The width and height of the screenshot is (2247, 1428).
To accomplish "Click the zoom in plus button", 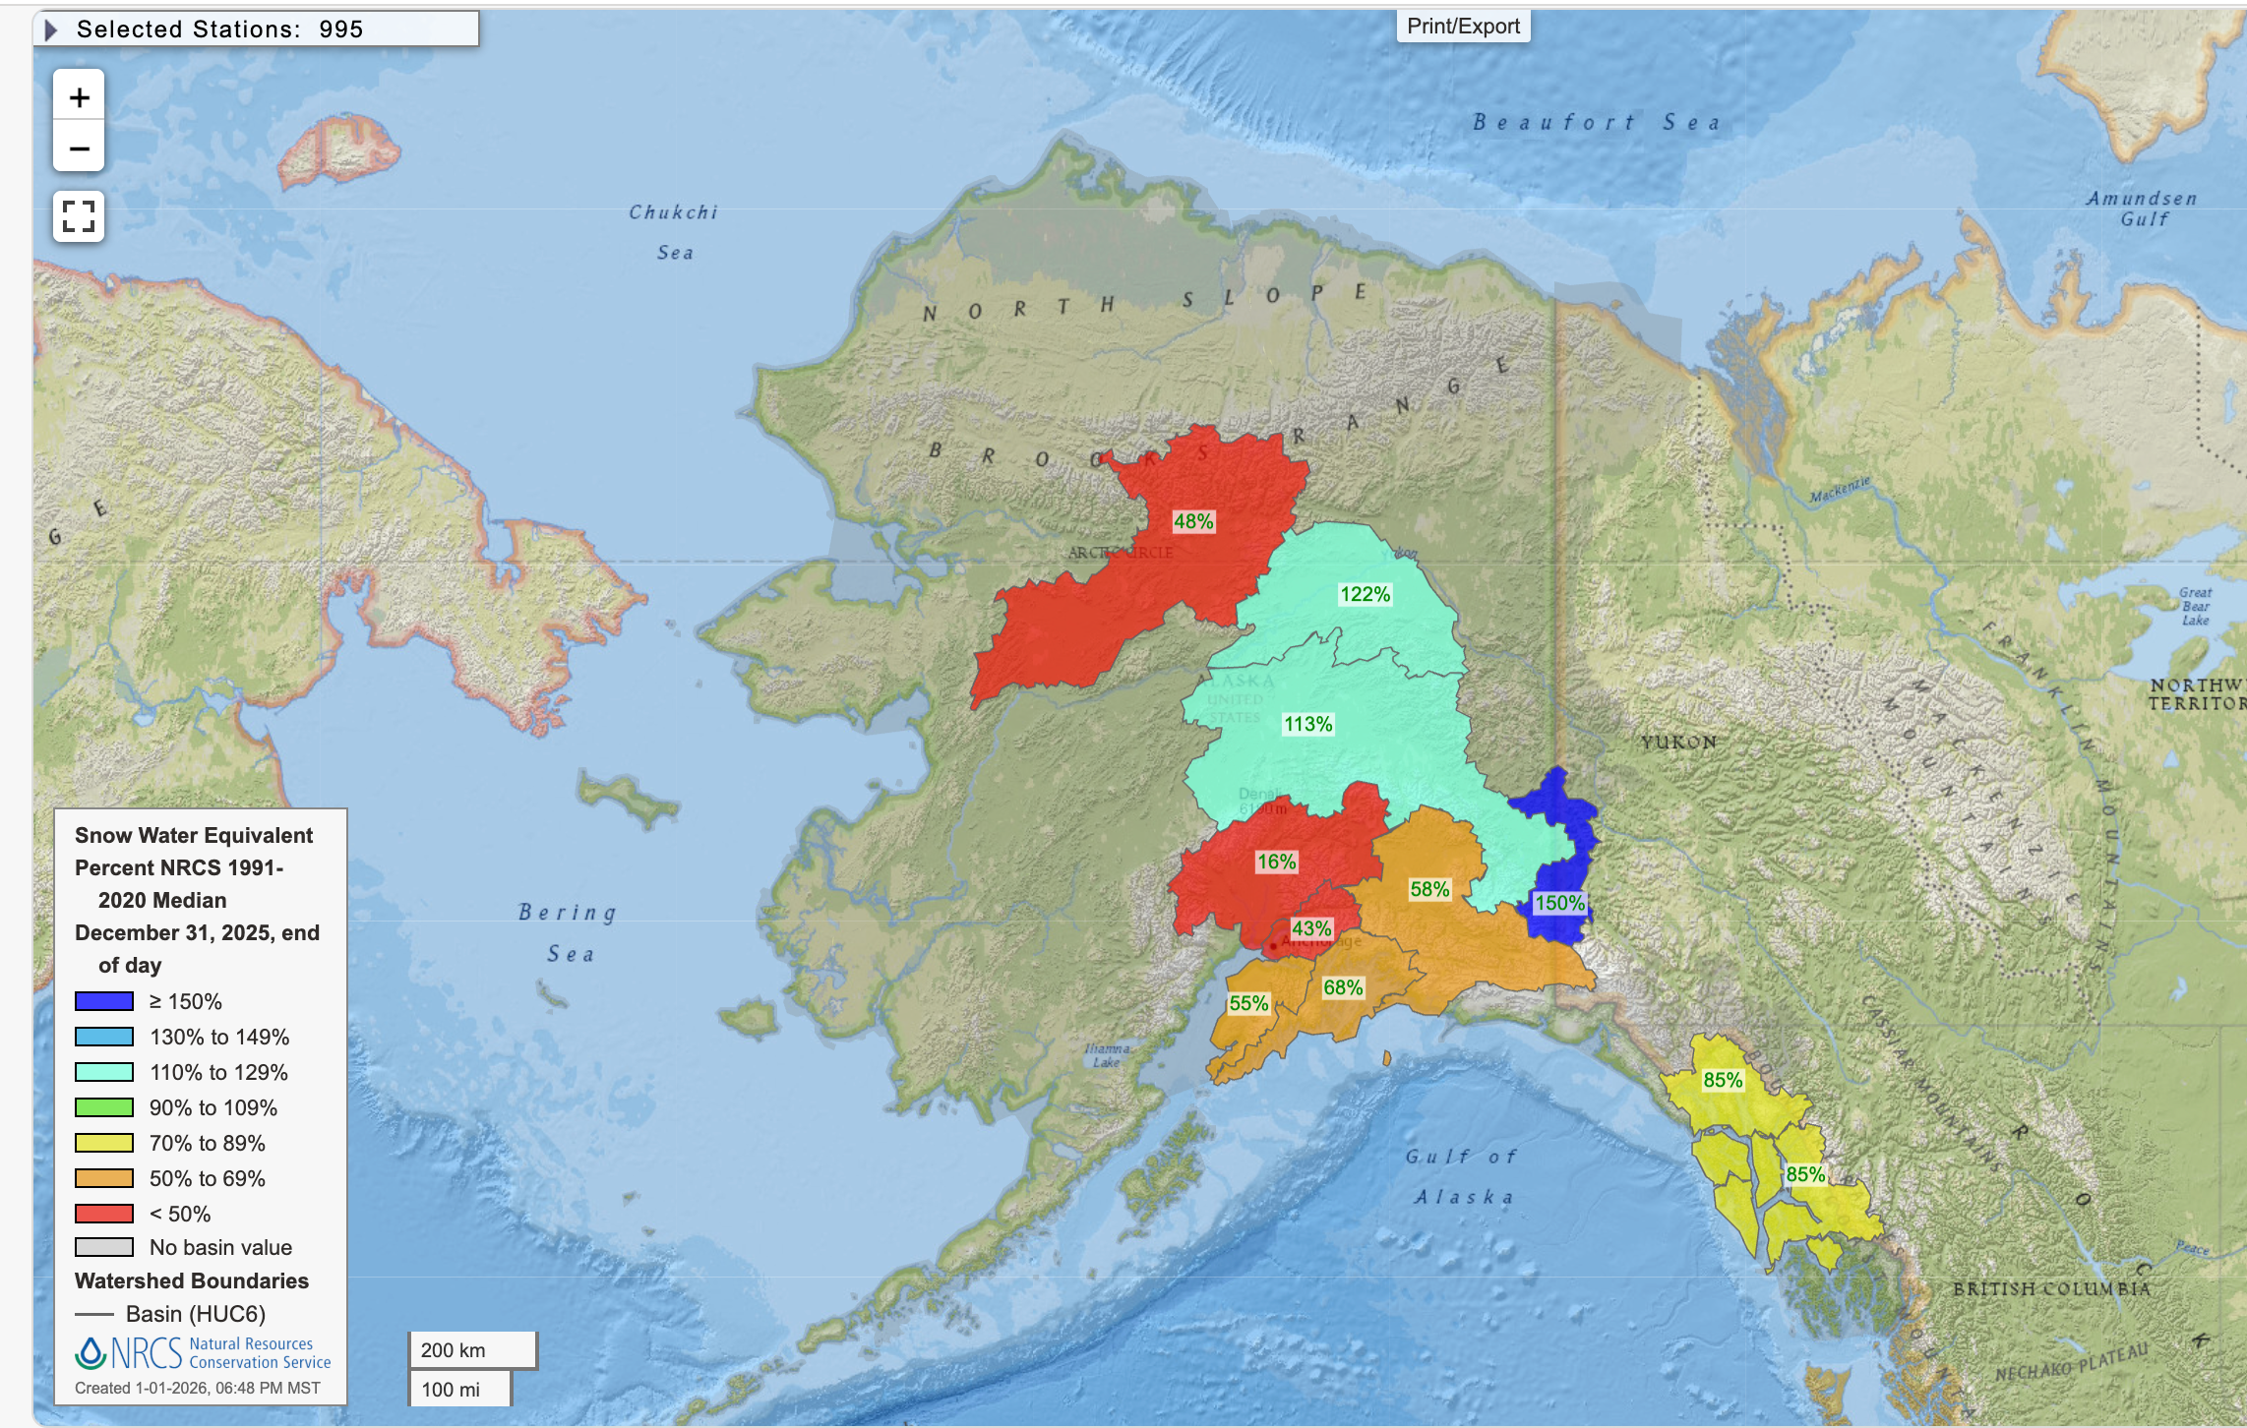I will pyautogui.click(x=79, y=96).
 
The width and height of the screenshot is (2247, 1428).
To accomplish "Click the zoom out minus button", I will pyautogui.click(x=79, y=149).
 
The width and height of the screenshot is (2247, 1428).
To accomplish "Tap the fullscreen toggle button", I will pyautogui.click(x=79, y=215).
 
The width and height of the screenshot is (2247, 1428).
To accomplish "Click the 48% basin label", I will pyautogui.click(x=1192, y=521).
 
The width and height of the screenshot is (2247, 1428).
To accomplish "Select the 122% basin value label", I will pyautogui.click(x=1365, y=594).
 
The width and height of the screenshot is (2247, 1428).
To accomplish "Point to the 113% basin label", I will pyautogui.click(x=1307, y=724).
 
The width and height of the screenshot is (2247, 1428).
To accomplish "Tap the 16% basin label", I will pyautogui.click(x=1276, y=862).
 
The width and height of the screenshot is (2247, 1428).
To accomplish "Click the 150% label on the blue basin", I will pyautogui.click(x=1559, y=903).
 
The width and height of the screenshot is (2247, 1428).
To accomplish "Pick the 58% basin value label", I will pyautogui.click(x=1428, y=889).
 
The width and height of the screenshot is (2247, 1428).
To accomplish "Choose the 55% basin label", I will pyautogui.click(x=1247, y=1003).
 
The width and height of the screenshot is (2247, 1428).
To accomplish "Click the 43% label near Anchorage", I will pyautogui.click(x=1310, y=928).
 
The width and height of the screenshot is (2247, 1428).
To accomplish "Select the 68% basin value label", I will pyautogui.click(x=1342, y=987).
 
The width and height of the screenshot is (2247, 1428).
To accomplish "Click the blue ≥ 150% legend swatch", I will pyautogui.click(x=104, y=1001).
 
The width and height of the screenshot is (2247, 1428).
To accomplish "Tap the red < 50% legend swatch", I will pyautogui.click(x=104, y=1214).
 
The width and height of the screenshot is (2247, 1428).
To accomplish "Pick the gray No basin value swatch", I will pyautogui.click(x=104, y=1247).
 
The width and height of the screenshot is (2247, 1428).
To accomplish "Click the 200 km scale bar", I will pyautogui.click(x=472, y=1350).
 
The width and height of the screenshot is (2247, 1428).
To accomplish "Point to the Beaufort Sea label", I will pyautogui.click(x=1596, y=123).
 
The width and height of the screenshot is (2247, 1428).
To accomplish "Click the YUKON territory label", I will pyautogui.click(x=1678, y=742).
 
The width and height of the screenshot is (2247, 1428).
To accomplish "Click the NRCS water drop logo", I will pyautogui.click(x=91, y=1353).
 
